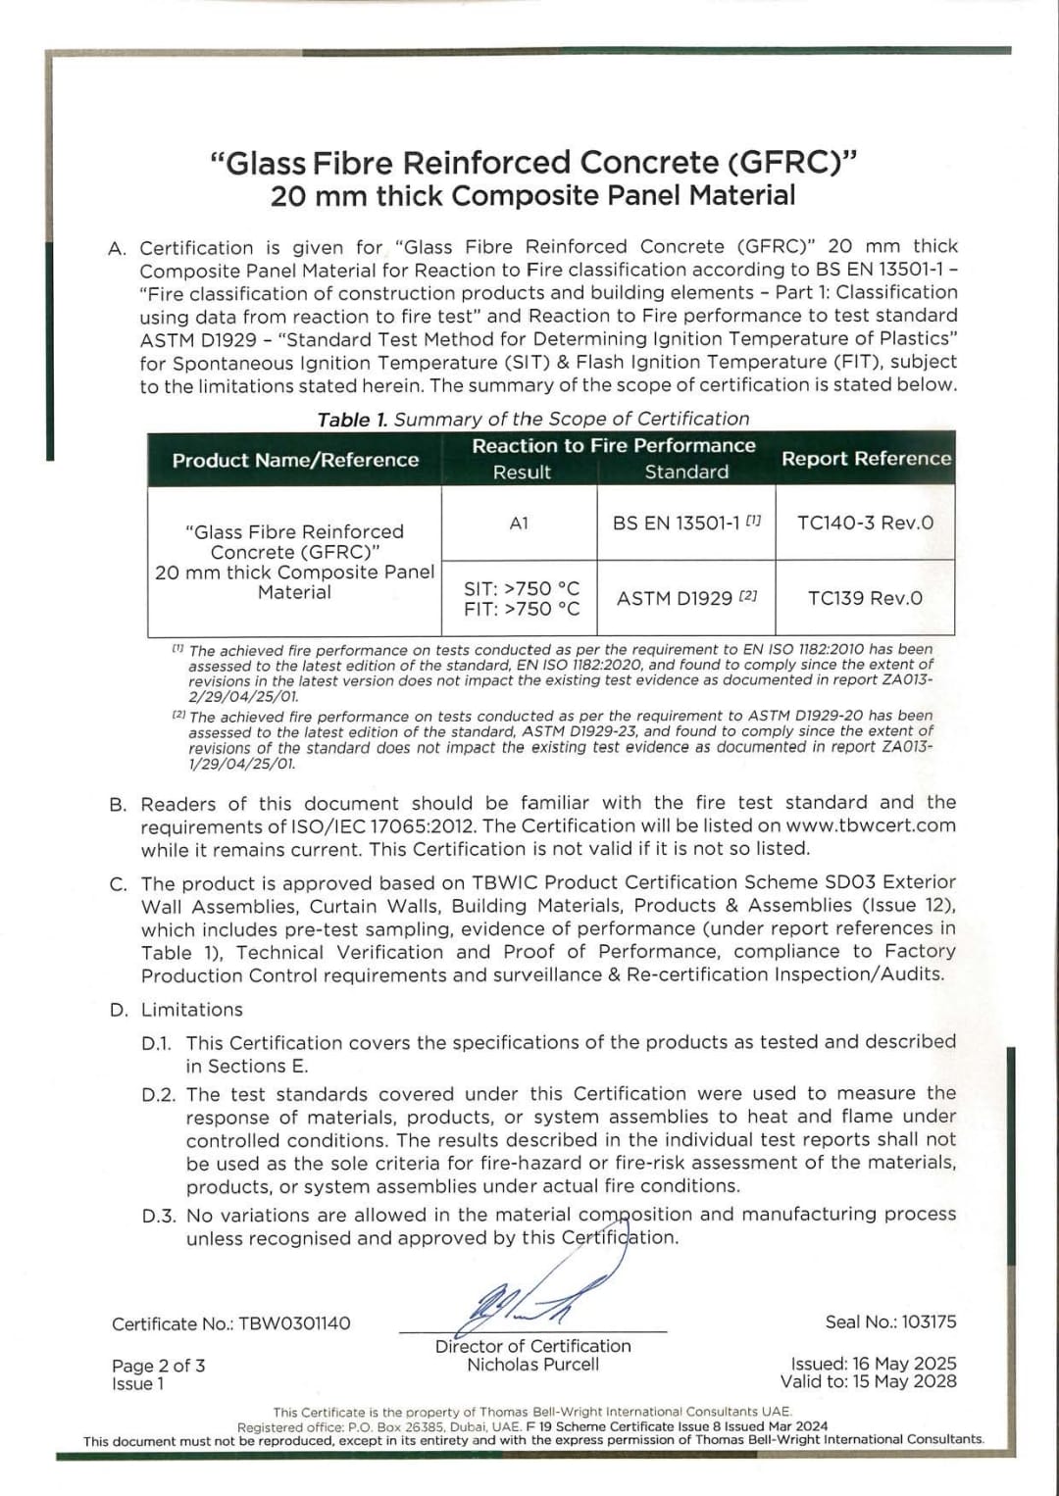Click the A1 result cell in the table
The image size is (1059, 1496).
click(519, 524)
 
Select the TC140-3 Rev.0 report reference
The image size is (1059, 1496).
click(865, 523)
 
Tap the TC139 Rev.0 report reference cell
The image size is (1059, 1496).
click(865, 598)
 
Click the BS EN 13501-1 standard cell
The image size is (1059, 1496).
click(685, 523)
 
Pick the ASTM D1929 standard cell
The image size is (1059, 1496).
click(685, 598)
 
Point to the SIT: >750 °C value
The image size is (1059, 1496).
click(522, 588)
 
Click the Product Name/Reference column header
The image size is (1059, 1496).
click(295, 460)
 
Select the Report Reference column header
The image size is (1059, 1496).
click(866, 458)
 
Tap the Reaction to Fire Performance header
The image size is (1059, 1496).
click(614, 445)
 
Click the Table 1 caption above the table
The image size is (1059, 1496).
click(532, 420)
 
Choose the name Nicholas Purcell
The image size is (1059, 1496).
click(532, 1365)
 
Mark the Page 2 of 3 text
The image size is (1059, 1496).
click(159, 1366)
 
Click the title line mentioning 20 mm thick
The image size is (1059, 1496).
click(532, 196)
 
